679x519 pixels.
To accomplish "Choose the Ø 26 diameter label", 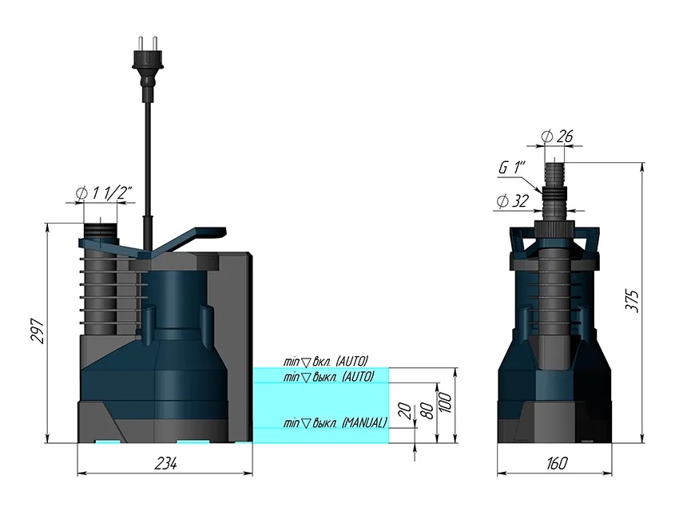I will click(557, 137).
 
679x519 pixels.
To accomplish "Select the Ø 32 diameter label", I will click(513, 201).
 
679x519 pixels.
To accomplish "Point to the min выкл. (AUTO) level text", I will click(328, 376).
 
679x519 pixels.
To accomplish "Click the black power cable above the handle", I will click(147, 160).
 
